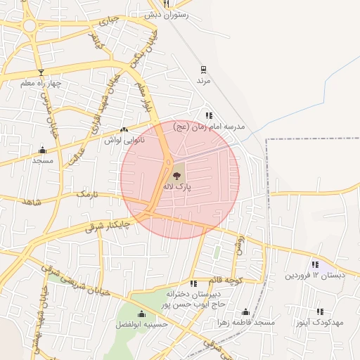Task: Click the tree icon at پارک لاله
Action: click(x=176, y=175)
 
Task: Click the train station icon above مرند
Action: click(x=203, y=70)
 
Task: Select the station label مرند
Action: click(x=202, y=81)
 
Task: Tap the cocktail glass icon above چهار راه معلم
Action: click(x=41, y=72)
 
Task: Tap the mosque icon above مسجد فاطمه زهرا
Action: click(x=245, y=311)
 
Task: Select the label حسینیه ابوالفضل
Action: click(x=141, y=326)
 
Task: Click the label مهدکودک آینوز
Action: click(x=320, y=322)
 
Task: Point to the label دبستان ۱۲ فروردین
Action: click(x=315, y=275)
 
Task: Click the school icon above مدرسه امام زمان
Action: click(x=209, y=115)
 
